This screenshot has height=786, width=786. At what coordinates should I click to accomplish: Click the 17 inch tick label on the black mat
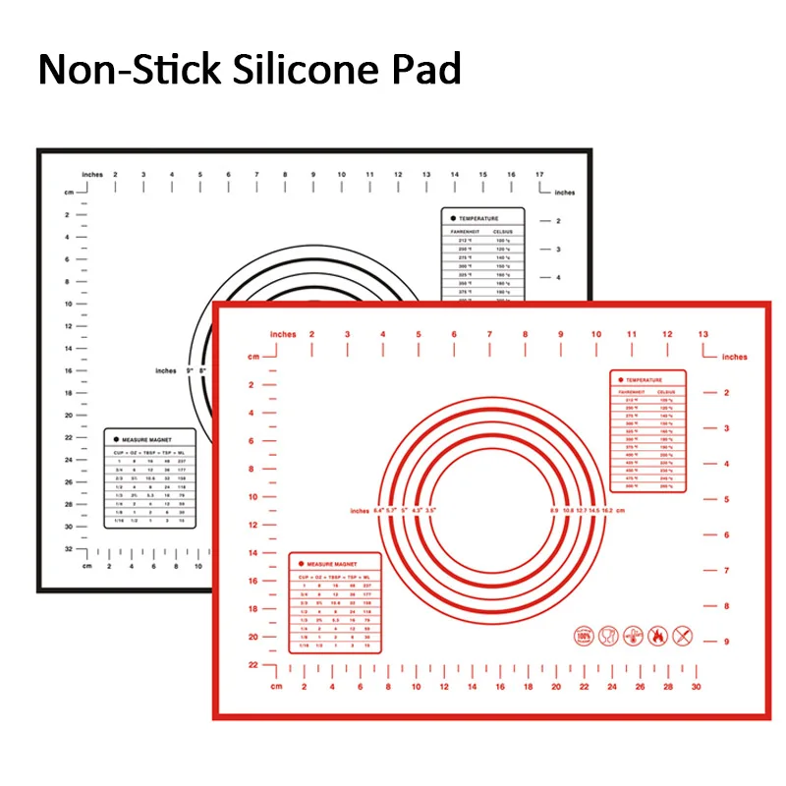pos(539,175)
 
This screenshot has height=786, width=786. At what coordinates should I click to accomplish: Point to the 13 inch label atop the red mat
pos(702,335)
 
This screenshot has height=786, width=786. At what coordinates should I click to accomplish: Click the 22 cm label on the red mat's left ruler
pos(252,665)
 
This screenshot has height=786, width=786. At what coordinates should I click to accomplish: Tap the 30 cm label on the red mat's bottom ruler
pos(696,688)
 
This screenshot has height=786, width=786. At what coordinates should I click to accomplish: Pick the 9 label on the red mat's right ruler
pos(725,642)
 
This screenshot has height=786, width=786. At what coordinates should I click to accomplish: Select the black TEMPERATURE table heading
pos(478,218)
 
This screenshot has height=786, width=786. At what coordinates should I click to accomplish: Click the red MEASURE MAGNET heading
pos(333,564)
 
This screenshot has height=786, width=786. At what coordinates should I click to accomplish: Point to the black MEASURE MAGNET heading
pos(150,438)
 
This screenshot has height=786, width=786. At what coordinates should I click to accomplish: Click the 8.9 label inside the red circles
pos(553,511)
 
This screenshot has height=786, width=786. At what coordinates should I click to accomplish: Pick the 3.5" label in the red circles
pos(429,511)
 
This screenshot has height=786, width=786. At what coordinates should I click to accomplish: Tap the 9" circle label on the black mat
pos(204,370)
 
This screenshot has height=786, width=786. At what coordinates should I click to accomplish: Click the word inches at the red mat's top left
pos(282,335)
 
